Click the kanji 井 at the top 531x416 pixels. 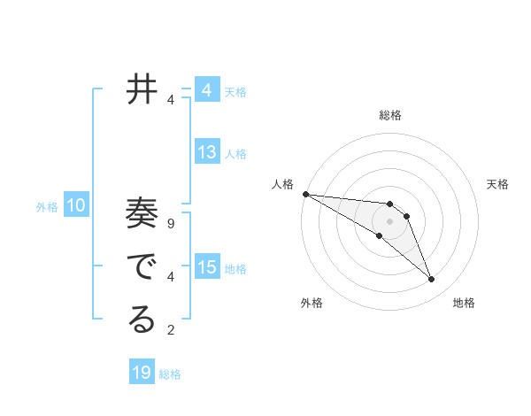142,89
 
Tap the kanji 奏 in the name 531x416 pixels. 142,215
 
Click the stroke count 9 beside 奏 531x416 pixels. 171,224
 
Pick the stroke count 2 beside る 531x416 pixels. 171,330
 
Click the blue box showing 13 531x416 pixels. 207,152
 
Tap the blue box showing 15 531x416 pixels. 207,266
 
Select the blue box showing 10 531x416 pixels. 76,206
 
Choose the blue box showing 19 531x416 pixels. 142,373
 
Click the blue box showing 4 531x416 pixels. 207,90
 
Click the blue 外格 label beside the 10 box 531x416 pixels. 47,207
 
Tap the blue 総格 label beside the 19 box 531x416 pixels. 170,374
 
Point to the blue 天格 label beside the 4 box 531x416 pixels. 235,91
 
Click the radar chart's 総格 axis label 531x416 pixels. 390,115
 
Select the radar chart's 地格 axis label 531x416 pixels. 464,303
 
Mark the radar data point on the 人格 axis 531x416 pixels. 305,194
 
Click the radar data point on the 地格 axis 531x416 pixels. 432,280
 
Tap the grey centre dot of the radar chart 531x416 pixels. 390,220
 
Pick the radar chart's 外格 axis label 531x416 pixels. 312,303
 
